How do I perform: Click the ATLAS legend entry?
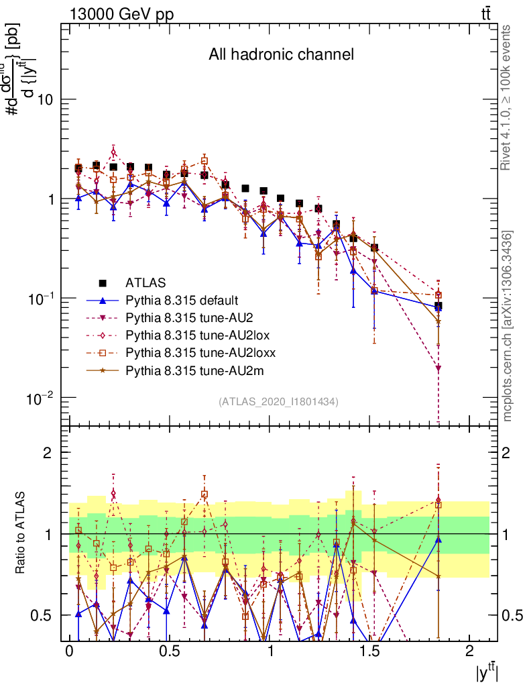(x=145, y=282)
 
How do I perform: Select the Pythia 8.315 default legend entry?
(x=181, y=300)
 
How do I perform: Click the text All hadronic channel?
(x=281, y=54)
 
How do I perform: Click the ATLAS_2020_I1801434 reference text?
(x=278, y=402)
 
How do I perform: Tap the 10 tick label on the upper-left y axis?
(x=44, y=100)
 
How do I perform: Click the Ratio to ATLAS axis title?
(x=21, y=533)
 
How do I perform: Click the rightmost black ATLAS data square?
(x=438, y=306)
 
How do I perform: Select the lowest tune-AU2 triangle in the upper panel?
(x=438, y=368)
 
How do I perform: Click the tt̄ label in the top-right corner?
(x=487, y=13)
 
